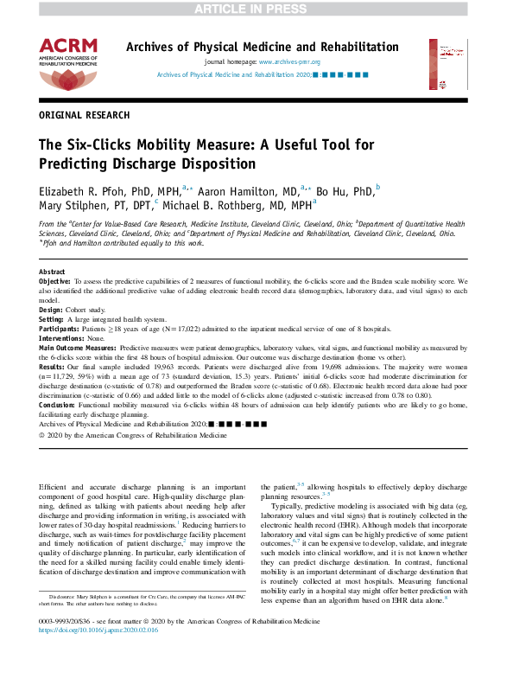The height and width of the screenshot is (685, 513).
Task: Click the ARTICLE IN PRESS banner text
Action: [x=256, y=9]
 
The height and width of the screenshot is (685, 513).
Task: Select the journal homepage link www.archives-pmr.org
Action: [x=289, y=62]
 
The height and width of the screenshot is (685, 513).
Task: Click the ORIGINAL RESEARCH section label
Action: [x=85, y=115]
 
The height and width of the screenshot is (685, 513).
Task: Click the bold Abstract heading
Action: [x=52, y=272]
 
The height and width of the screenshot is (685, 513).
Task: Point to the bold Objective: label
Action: [x=56, y=282]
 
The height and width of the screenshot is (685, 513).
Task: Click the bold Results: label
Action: [x=53, y=368]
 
